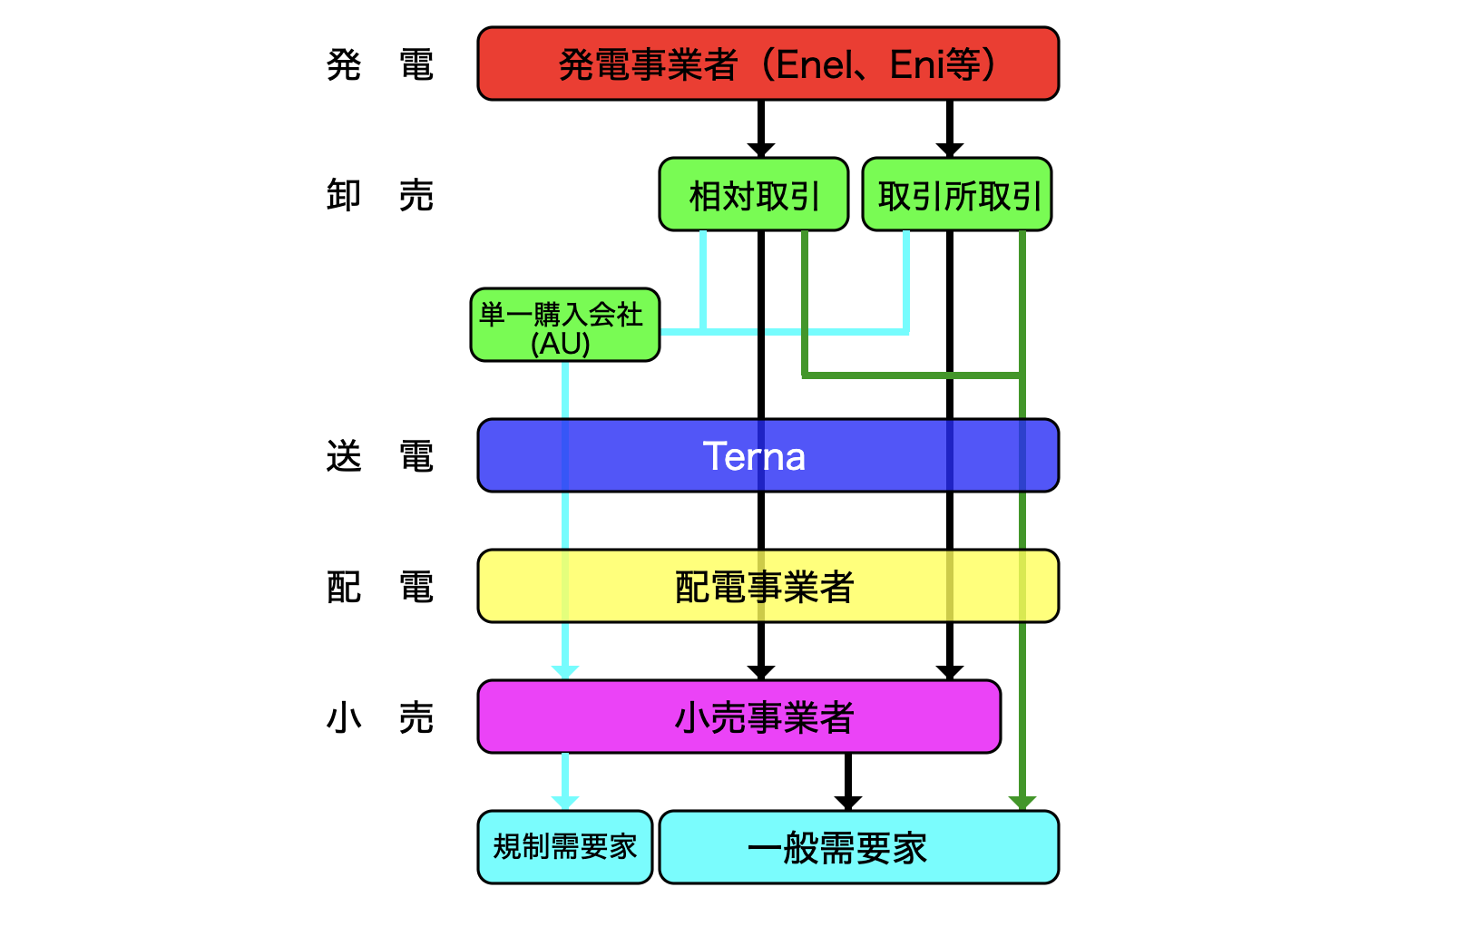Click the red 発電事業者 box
coord(768,63)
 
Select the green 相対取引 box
coord(753,195)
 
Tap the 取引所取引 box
coord(956,195)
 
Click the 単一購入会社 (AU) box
coord(564,326)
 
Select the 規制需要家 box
coord(564,847)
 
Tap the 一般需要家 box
coord(858,847)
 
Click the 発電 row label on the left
coord(379,64)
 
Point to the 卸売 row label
coord(379,195)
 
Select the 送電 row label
coord(379,456)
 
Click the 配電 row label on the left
coord(379,587)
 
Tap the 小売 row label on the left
coord(379,717)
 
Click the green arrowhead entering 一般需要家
coord(1022,804)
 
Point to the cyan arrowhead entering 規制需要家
coord(564,804)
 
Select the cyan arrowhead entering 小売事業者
coord(564,673)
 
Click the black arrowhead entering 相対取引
coord(760,151)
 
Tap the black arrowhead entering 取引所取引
coord(949,151)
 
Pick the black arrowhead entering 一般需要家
coord(847,804)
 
